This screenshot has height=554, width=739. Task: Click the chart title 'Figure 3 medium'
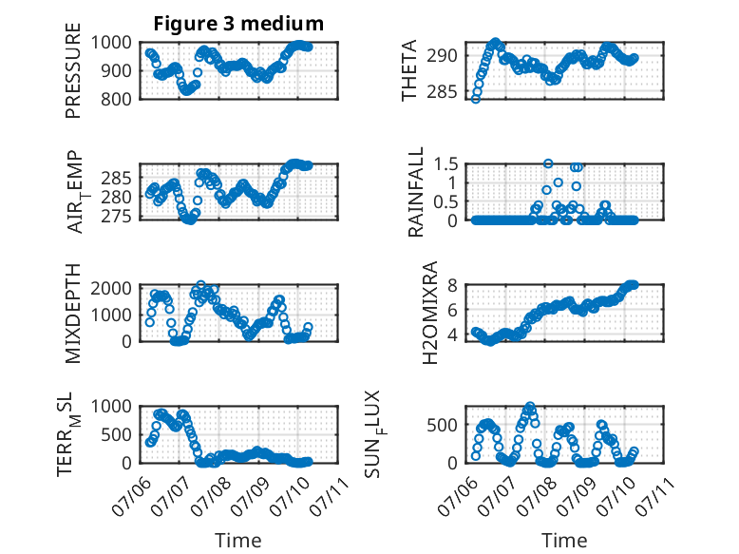point(238,24)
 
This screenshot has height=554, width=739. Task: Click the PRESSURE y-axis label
point(73,70)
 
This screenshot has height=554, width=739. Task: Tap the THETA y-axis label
point(409,70)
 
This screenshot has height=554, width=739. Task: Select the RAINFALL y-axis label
point(416,192)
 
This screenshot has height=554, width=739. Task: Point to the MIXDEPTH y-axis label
point(73,314)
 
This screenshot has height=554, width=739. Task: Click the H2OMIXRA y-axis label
point(430,313)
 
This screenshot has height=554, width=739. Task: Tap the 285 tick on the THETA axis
point(442,91)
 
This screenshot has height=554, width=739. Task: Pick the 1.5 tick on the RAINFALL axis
point(445,164)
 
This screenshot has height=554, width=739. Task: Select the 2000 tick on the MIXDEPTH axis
point(111,288)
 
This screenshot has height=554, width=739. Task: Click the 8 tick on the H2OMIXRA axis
point(453,285)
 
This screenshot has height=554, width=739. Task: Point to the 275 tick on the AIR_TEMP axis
point(116,216)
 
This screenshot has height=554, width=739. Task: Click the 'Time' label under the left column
point(238,541)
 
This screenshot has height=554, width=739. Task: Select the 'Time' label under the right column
point(564,541)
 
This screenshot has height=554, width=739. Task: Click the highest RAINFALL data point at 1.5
point(548,163)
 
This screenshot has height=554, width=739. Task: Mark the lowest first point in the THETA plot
point(476,99)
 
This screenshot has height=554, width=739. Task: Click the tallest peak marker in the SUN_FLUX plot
point(530,406)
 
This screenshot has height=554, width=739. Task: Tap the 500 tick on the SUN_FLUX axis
point(442,425)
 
